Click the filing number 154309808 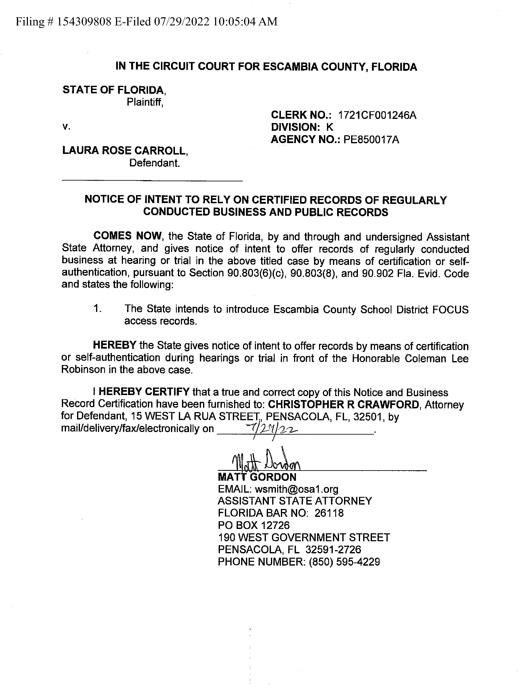point(84,22)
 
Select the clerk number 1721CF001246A point(377,115)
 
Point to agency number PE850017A point(371,139)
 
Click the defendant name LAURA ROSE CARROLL point(125,151)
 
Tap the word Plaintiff point(145,102)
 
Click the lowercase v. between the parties point(66,127)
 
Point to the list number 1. point(97,309)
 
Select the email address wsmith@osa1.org point(297,489)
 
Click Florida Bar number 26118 point(329,513)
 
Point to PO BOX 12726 point(253,525)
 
